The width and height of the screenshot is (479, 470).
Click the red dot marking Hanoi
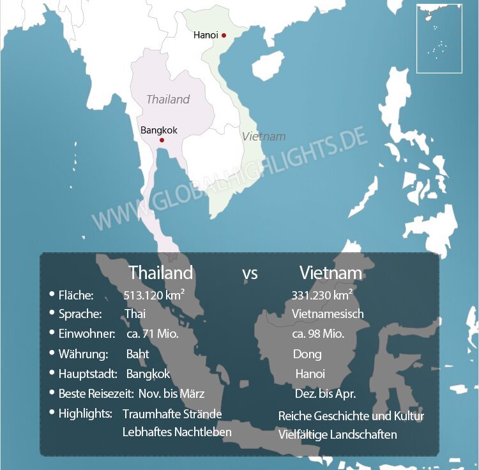point(224,35)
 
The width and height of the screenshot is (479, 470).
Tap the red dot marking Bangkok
point(162,140)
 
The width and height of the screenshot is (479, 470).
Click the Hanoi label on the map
point(206,35)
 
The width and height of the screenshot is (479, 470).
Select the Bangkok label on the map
point(159,130)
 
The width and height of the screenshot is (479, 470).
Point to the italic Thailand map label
point(168,99)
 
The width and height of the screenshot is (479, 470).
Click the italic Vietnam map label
point(263,137)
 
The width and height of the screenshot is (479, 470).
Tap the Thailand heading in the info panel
point(160,273)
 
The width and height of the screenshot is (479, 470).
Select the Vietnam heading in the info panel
point(330,273)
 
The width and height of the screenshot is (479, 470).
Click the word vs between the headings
point(250,274)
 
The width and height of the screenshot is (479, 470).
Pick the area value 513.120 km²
point(154,295)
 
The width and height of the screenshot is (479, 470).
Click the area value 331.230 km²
point(322,295)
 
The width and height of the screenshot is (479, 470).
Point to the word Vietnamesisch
point(328,314)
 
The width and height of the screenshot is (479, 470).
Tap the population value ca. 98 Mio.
point(318,334)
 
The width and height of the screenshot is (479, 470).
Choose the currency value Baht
point(137,354)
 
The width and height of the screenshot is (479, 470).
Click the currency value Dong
point(307,354)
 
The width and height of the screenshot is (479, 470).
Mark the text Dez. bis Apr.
point(325,394)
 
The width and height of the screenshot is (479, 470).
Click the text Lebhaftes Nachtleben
point(177,432)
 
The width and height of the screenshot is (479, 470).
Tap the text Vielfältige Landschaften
point(337,435)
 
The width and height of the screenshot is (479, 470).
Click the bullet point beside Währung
point(52,352)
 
